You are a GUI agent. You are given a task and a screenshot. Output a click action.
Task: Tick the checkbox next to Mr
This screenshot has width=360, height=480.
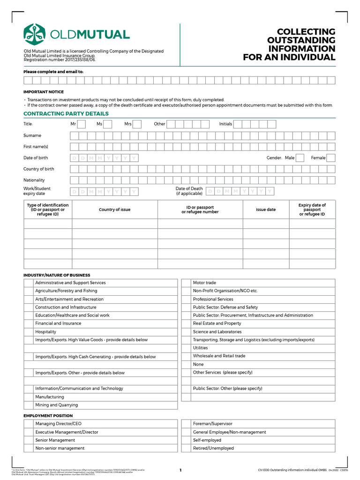tap(81, 124)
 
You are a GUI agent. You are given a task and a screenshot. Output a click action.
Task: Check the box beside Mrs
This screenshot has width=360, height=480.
tap(137, 124)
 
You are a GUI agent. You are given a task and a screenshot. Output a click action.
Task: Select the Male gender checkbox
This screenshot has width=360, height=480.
tap(300, 158)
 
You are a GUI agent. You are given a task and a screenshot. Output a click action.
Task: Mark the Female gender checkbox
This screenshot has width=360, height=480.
tap(331, 158)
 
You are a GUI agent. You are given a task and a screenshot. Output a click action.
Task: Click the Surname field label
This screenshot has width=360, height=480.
tap(32, 135)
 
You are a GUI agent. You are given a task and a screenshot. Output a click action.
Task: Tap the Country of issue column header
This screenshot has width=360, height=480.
tap(114, 210)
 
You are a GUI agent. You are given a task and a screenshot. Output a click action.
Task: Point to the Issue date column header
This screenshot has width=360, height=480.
tap(266, 210)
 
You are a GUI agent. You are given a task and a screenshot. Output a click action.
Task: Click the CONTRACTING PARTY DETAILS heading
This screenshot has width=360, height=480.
tap(66, 113)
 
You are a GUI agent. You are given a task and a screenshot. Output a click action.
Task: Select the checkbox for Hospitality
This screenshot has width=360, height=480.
tap(29, 332)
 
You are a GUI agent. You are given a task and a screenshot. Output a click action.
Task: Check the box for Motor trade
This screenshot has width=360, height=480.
tap(186, 283)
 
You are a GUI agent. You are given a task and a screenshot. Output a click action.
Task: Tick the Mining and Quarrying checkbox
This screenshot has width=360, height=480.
tap(29, 405)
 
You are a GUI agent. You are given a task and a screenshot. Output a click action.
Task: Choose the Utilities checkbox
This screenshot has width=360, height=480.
tap(186, 348)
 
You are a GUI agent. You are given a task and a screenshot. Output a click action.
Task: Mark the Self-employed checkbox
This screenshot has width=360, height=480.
tap(186, 440)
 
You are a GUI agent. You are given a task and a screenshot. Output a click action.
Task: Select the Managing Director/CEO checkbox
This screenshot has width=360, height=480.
tap(29, 424)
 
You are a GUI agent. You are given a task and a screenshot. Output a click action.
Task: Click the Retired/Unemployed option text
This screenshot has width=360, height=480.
tap(213, 449)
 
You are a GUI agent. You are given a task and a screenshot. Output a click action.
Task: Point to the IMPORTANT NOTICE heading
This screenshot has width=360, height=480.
tap(44, 92)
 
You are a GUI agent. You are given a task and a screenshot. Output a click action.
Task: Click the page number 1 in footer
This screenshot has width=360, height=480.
tap(180, 470)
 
